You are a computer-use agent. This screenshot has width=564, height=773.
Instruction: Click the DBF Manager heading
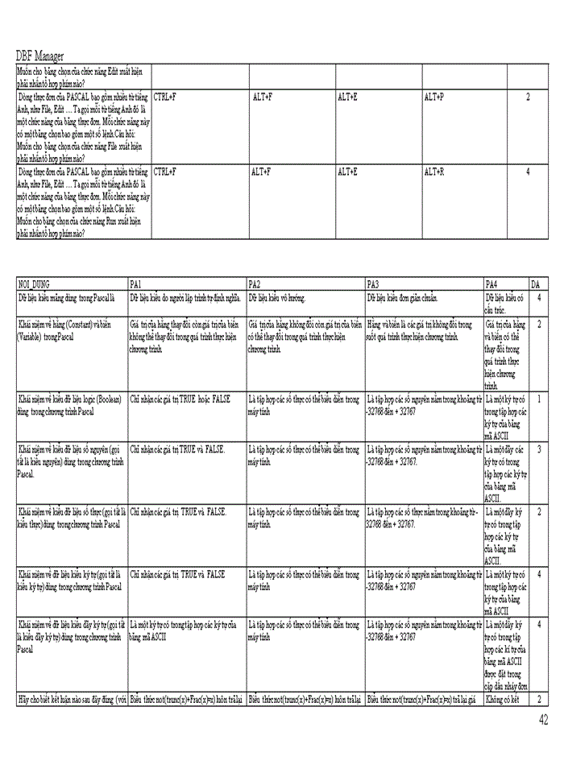(x=40, y=56)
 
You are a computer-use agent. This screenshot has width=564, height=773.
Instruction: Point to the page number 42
(x=545, y=719)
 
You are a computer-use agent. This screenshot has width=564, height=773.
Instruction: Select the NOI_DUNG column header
(x=35, y=284)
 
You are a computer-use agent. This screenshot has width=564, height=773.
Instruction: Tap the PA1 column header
(x=135, y=284)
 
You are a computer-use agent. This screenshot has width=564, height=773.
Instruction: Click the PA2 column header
(x=254, y=284)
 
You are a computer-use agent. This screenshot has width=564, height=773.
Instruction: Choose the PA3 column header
(x=372, y=284)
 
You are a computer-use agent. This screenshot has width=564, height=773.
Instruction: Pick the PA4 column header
(x=491, y=284)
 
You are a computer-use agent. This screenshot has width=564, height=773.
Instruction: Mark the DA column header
(x=536, y=284)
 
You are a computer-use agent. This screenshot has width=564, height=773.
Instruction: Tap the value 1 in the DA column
(x=539, y=399)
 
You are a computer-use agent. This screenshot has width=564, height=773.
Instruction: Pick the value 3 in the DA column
(x=539, y=449)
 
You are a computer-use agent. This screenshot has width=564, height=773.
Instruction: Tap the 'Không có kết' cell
(x=504, y=700)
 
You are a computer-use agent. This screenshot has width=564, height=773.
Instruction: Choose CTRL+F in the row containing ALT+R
(x=164, y=172)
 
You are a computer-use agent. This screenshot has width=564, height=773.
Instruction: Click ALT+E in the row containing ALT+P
(x=347, y=97)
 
